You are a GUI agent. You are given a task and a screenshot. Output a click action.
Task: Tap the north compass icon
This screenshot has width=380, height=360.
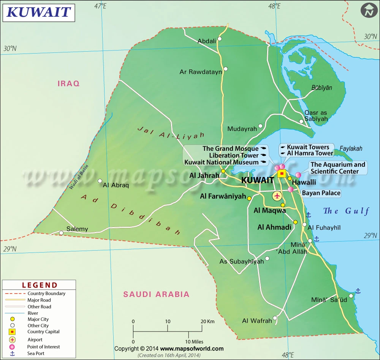pos(368,10)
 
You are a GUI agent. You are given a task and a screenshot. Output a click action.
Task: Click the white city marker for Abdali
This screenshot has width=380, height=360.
pos(219,39)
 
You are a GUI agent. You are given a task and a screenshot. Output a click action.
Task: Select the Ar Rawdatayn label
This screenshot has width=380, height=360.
pos(200,72)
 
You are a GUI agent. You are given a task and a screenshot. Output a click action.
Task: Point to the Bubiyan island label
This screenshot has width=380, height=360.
pos(321,88)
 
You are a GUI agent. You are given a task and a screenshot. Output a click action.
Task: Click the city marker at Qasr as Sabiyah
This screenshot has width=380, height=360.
pos(301,122)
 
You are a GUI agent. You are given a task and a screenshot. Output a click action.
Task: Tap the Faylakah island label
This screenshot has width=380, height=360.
pos(351,148)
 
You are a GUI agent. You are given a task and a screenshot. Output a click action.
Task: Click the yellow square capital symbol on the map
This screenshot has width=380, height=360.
pos(282,174)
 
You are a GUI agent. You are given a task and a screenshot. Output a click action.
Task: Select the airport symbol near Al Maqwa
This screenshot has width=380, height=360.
pos(278,196)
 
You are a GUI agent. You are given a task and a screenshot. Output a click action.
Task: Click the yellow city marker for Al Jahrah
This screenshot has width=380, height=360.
pos(223,171)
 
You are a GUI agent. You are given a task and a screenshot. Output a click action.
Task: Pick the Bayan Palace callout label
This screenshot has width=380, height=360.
pos(321,193)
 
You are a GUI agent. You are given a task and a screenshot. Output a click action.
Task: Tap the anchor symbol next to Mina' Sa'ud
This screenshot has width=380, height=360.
pos(358,291)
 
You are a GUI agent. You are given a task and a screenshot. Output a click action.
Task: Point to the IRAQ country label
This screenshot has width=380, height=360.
pos(68,84)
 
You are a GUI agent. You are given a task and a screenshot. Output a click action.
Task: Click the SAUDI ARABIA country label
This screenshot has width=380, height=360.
pos(156,294)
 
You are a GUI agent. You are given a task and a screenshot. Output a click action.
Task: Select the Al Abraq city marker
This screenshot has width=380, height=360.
pos(100,181)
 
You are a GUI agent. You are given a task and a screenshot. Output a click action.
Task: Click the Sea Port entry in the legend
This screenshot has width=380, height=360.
pos(36,353)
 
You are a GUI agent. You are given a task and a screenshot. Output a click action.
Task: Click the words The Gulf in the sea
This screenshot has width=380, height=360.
pos(346,211)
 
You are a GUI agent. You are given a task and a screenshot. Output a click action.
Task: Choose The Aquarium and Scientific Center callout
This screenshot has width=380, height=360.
pos(337,168)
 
